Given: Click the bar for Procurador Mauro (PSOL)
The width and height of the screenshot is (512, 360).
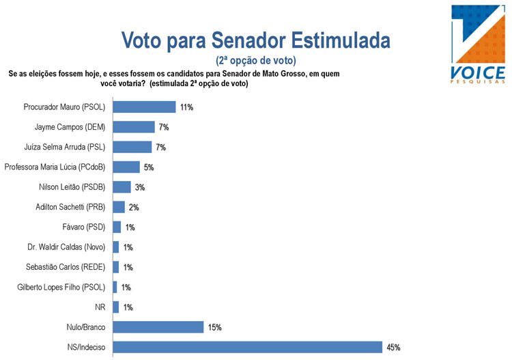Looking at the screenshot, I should pos(143,107).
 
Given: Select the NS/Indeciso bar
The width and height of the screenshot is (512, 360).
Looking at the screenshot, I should pos(247,347).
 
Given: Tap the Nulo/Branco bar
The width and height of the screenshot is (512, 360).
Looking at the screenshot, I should pos(158,327).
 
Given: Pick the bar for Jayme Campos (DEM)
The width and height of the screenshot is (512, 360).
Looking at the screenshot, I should pos(133,127).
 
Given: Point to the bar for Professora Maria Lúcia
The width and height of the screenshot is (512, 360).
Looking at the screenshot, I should pos(126,167).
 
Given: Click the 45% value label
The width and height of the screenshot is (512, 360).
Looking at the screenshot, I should pos(393,348).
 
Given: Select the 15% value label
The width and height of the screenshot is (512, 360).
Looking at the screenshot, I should pos(214,328).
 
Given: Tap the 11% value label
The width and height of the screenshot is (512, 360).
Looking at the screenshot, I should pos(186,107).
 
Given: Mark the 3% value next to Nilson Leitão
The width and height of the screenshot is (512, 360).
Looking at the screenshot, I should pos(140,187).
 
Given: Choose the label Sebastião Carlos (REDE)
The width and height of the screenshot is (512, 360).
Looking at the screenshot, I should pos(66,267).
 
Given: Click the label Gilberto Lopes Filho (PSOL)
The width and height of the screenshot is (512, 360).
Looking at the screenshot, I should pos(61,287).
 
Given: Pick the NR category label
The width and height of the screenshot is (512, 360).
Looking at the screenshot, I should pos(100,307).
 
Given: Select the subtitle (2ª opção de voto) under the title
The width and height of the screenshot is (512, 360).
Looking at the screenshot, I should pos(256,60).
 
